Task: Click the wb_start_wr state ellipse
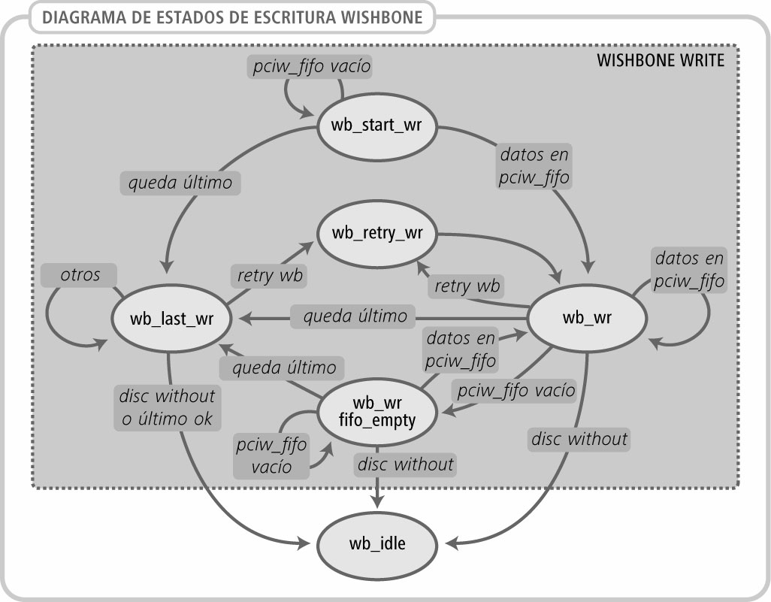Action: pyautogui.click(x=376, y=125)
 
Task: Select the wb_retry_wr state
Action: pyautogui.click(x=377, y=232)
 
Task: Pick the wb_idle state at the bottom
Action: pyautogui.click(x=377, y=543)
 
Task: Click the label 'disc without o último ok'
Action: pyautogui.click(x=167, y=407)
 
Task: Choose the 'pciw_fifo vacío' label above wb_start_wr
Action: pyautogui.click(x=310, y=67)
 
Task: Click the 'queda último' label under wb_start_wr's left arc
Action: pyautogui.click(x=180, y=182)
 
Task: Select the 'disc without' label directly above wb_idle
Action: pyautogui.click(x=404, y=464)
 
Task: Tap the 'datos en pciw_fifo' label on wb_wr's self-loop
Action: pyautogui.click(x=689, y=270)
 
